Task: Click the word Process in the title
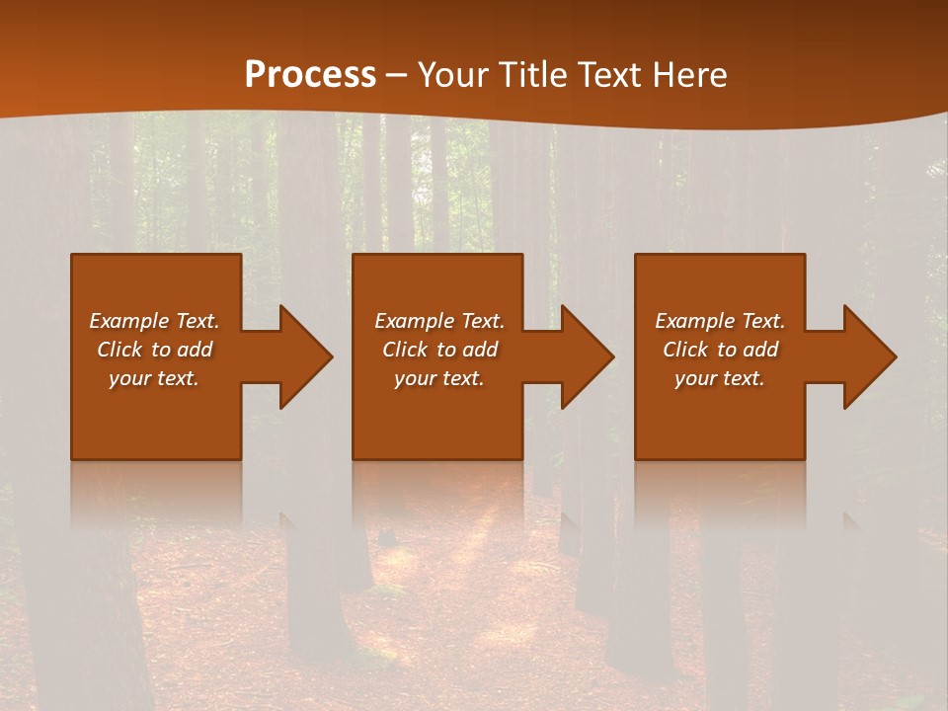(x=310, y=75)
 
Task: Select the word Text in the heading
(x=609, y=75)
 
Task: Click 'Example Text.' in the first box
(x=154, y=321)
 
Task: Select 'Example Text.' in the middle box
(x=439, y=321)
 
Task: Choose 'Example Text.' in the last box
(x=720, y=321)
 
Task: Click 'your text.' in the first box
(x=154, y=378)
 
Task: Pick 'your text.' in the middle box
(x=439, y=378)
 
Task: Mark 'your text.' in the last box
(x=720, y=378)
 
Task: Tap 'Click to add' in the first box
(x=154, y=350)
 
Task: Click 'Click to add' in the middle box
(x=439, y=350)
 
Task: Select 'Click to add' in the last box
(x=720, y=350)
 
